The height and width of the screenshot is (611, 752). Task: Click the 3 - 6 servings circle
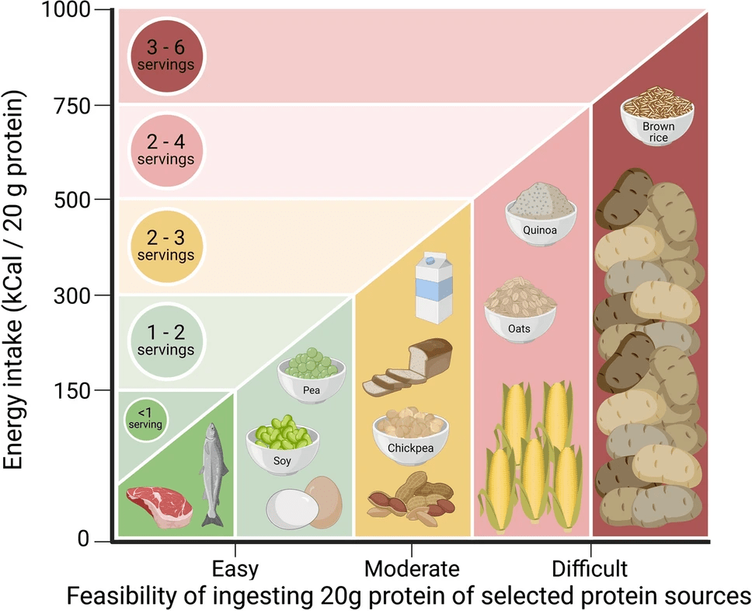[167, 56]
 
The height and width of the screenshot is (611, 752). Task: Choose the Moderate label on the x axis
[412, 568]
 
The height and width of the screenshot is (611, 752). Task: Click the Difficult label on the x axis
[589, 568]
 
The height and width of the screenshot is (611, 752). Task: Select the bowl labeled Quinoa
[541, 210]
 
